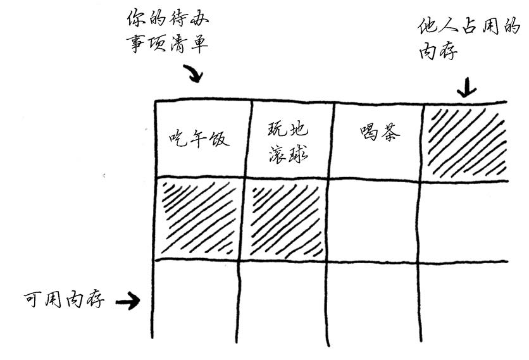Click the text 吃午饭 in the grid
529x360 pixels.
click(199, 139)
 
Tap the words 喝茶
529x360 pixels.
click(380, 132)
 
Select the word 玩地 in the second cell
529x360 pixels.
click(288, 129)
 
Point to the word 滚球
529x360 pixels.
click(289, 155)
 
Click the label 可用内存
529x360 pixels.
click(64, 299)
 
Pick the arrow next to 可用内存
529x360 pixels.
click(128, 301)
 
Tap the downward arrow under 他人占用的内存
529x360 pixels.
click(466, 87)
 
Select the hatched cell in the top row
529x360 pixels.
click(464, 142)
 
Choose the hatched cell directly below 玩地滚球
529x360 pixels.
click(285, 220)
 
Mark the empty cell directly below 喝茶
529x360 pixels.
click(373, 221)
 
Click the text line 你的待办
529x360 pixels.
click(168, 18)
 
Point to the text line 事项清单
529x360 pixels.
click(167, 44)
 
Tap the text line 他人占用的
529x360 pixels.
click(469, 26)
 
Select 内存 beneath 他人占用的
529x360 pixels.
click(439, 52)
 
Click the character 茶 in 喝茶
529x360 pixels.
click(390, 132)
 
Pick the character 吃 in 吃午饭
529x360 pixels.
click(177, 139)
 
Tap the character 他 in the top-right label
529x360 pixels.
click(428, 27)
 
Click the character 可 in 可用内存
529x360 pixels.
click(33, 299)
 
